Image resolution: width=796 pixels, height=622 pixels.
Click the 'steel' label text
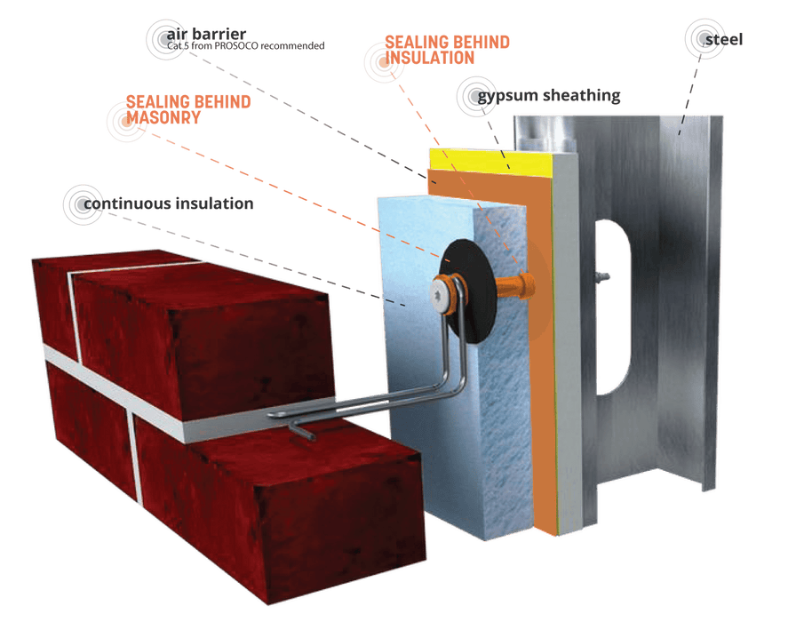723,39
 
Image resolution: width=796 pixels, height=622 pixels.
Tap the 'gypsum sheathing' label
548,95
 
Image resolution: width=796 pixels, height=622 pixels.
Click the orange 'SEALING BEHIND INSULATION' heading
447,50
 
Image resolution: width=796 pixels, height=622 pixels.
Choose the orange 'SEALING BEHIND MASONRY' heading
187,108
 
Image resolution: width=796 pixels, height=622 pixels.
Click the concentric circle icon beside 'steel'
697,38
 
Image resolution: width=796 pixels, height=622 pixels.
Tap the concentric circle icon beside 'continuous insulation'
84,203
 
